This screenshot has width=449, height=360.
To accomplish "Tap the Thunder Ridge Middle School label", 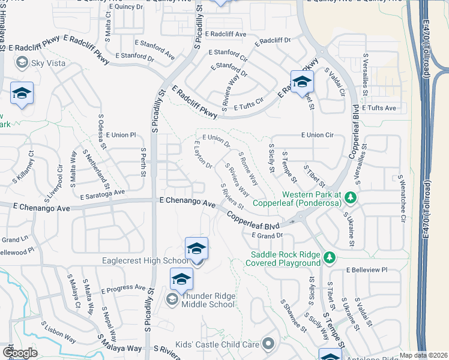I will [x=208, y=299].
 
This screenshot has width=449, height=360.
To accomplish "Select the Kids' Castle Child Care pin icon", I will [x=268, y=344].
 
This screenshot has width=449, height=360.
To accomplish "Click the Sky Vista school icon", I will [x=22, y=62].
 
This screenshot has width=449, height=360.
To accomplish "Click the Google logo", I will [x=20, y=353].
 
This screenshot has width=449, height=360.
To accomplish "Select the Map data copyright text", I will [x=423, y=355].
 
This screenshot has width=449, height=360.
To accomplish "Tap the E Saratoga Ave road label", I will [x=100, y=194].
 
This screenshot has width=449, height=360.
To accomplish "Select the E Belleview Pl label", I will [x=368, y=271].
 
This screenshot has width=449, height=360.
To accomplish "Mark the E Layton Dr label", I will [x=203, y=155].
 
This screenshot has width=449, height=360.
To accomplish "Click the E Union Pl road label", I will [x=121, y=135].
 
